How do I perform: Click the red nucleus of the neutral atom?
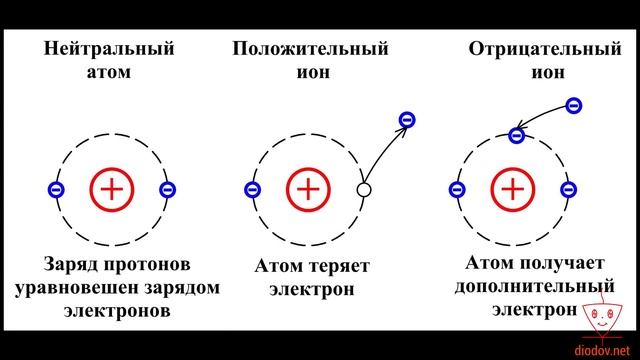[111, 188]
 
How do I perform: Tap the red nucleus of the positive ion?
[308, 188]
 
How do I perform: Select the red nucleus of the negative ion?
[513, 188]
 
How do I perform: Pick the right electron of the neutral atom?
[168, 189]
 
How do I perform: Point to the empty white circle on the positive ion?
[364, 189]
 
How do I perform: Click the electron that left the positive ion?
[406, 120]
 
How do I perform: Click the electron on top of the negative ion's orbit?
[517, 135]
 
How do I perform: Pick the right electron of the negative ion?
[570, 189]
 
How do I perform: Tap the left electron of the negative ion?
[456, 189]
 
